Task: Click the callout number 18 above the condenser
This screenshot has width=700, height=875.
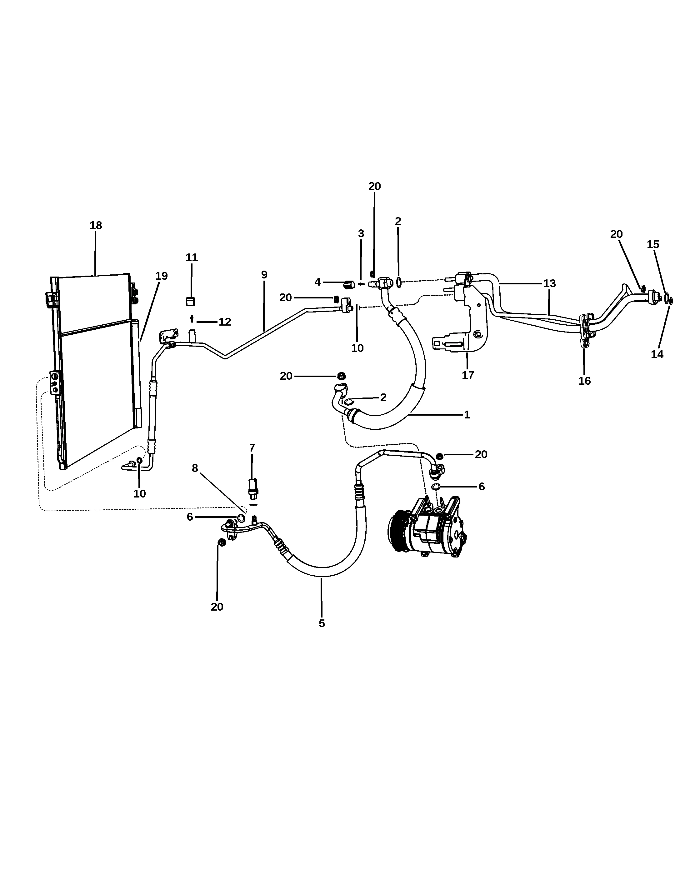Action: pyautogui.click(x=96, y=225)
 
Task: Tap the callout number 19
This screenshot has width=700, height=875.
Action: pyautogui.click(x=162, y=276)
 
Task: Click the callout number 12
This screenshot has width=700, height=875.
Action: pyautogui.click(x=225, y=322)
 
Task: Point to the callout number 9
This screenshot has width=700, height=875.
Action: pyautogui.click(x=264, y=275)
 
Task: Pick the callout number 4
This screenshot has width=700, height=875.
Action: pyautogui.click(x=317, y=282)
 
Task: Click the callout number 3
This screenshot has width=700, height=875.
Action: pyautogui.click(x=361, y=233)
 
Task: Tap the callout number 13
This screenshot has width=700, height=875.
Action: pyautogui.click(x=549, y=283)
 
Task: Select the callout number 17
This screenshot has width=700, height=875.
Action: pyautogui.click(x=468, y=375)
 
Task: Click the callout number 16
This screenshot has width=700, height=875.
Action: pyautogui.click(x=584, y=381)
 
